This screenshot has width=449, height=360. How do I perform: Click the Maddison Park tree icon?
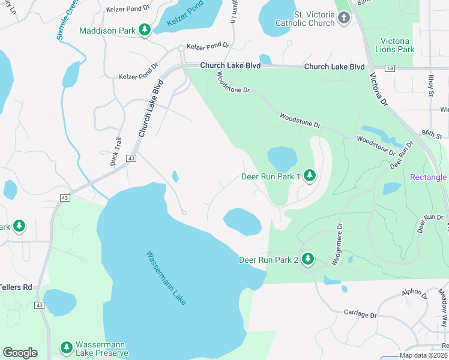coord(144,29)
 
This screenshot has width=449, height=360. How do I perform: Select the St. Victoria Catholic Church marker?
coord(344,17)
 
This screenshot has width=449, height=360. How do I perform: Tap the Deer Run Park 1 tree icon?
coord(309,176)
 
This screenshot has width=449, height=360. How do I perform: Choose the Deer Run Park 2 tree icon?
coord(308,259)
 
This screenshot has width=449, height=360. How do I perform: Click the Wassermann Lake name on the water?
coord(166,277)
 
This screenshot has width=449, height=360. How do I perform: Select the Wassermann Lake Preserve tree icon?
coord(67,347)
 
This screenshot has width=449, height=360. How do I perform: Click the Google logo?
coord(20,353)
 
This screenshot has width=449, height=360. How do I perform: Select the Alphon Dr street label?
coord(415,293)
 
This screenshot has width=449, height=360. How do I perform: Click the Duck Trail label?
coord(115,151)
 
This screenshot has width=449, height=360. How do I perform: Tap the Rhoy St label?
coord(430,85)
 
